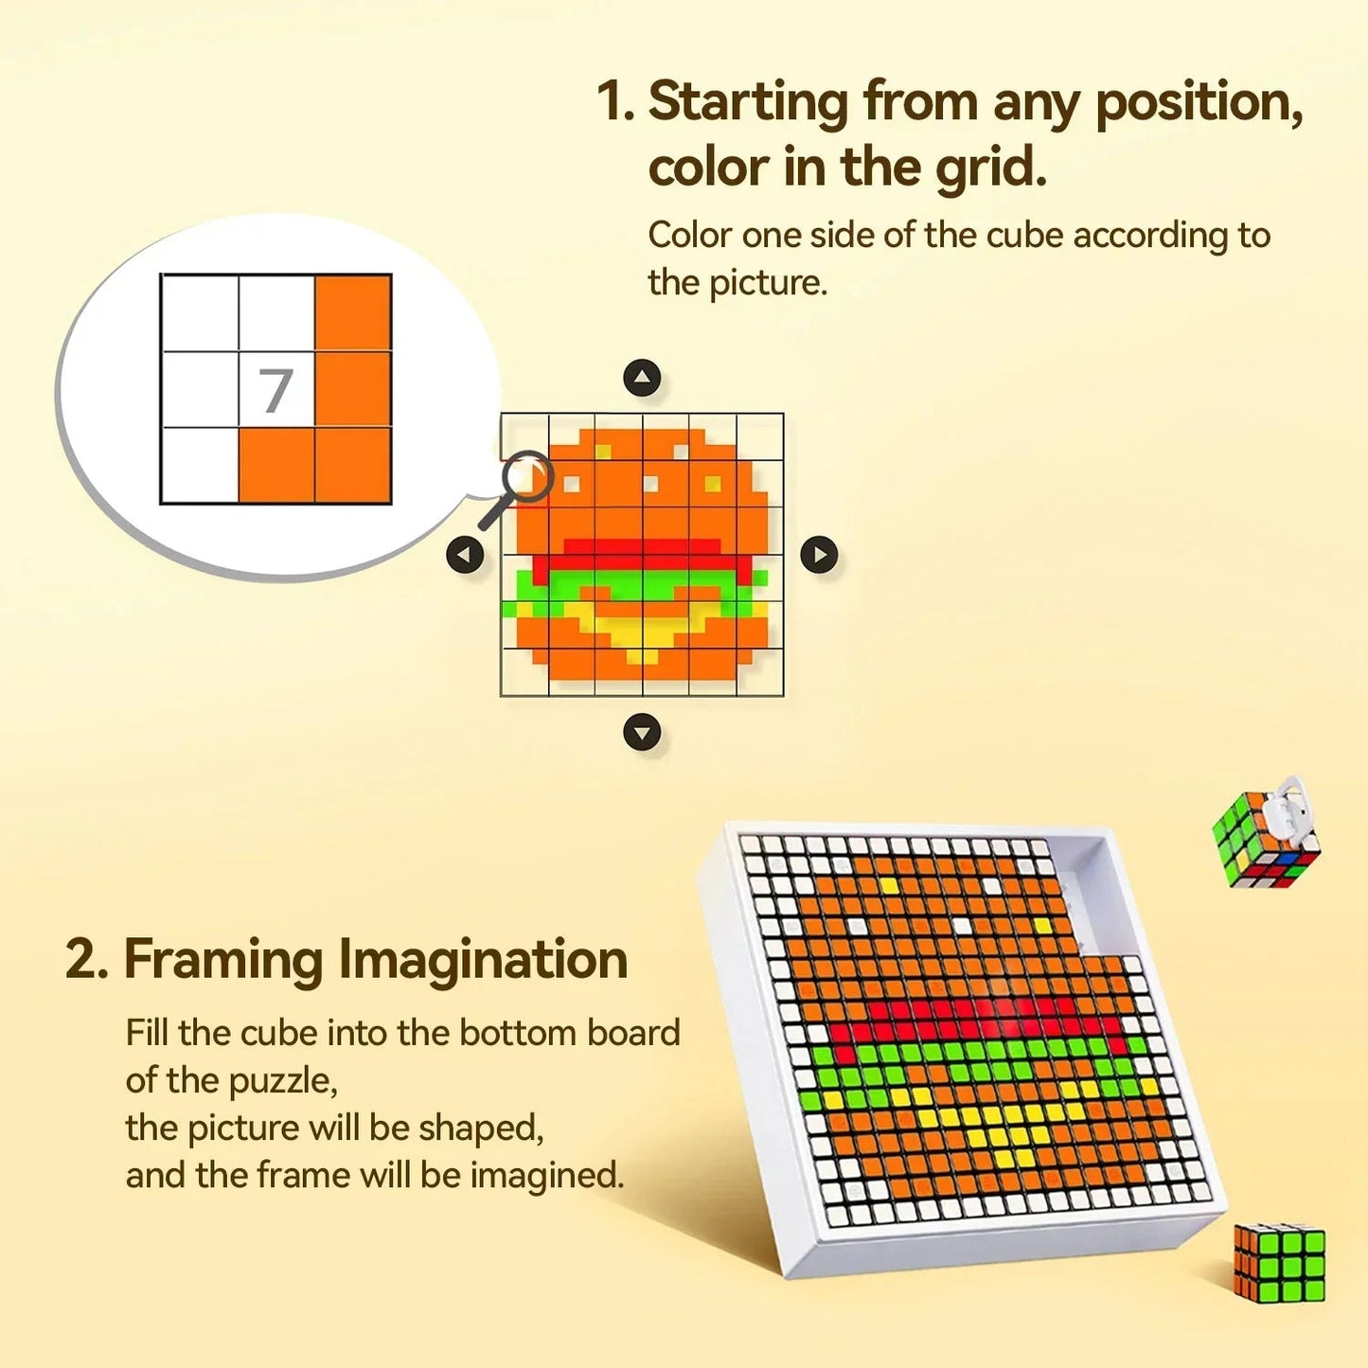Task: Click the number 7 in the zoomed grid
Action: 275,390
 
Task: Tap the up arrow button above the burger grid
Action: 642,379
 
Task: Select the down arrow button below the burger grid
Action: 642,732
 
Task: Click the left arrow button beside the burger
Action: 465,554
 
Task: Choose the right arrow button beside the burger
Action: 819,555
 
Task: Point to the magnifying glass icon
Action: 519,485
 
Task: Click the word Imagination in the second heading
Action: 484,959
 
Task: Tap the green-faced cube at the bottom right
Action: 1279,1262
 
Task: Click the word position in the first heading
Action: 1197,103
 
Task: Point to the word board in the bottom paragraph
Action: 633,1033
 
